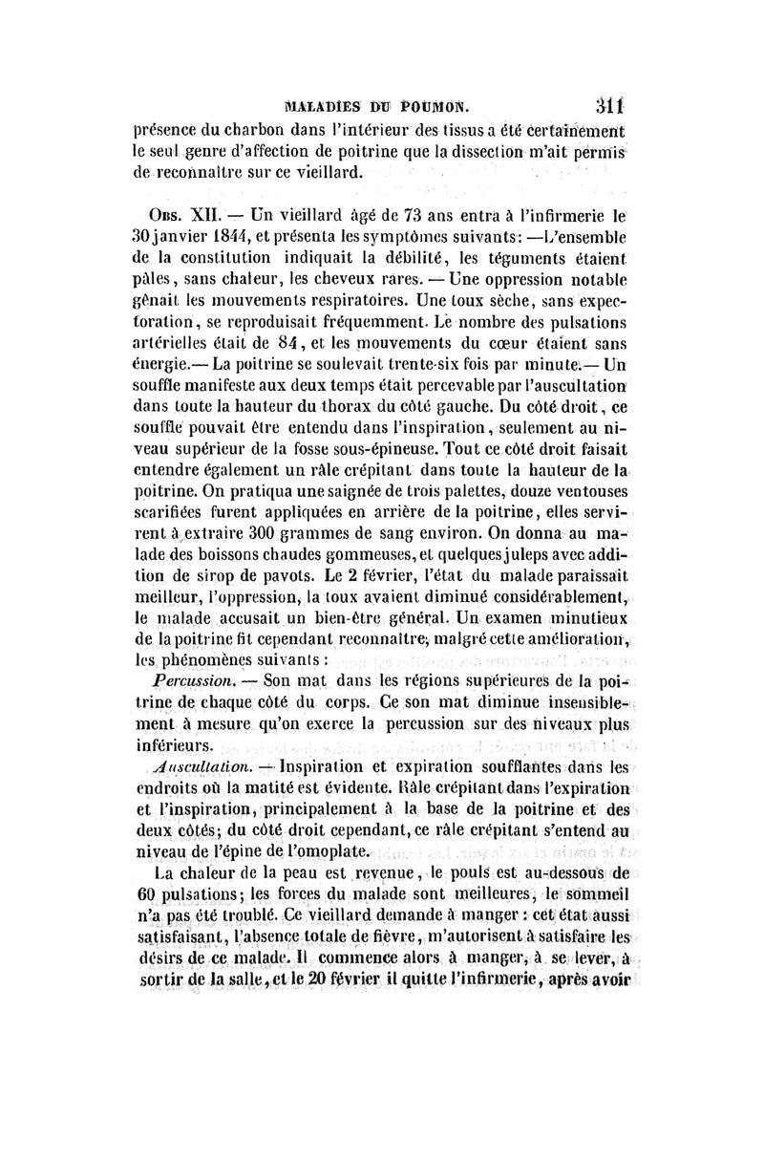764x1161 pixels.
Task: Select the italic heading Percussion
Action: click(186, 681)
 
